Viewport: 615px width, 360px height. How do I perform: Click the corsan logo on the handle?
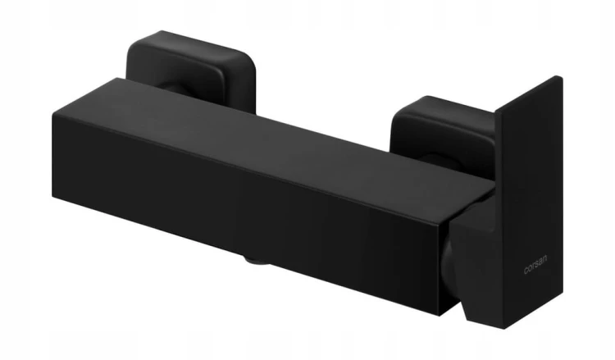coord(535,265)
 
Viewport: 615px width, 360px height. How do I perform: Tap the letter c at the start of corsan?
coord(526,271)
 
